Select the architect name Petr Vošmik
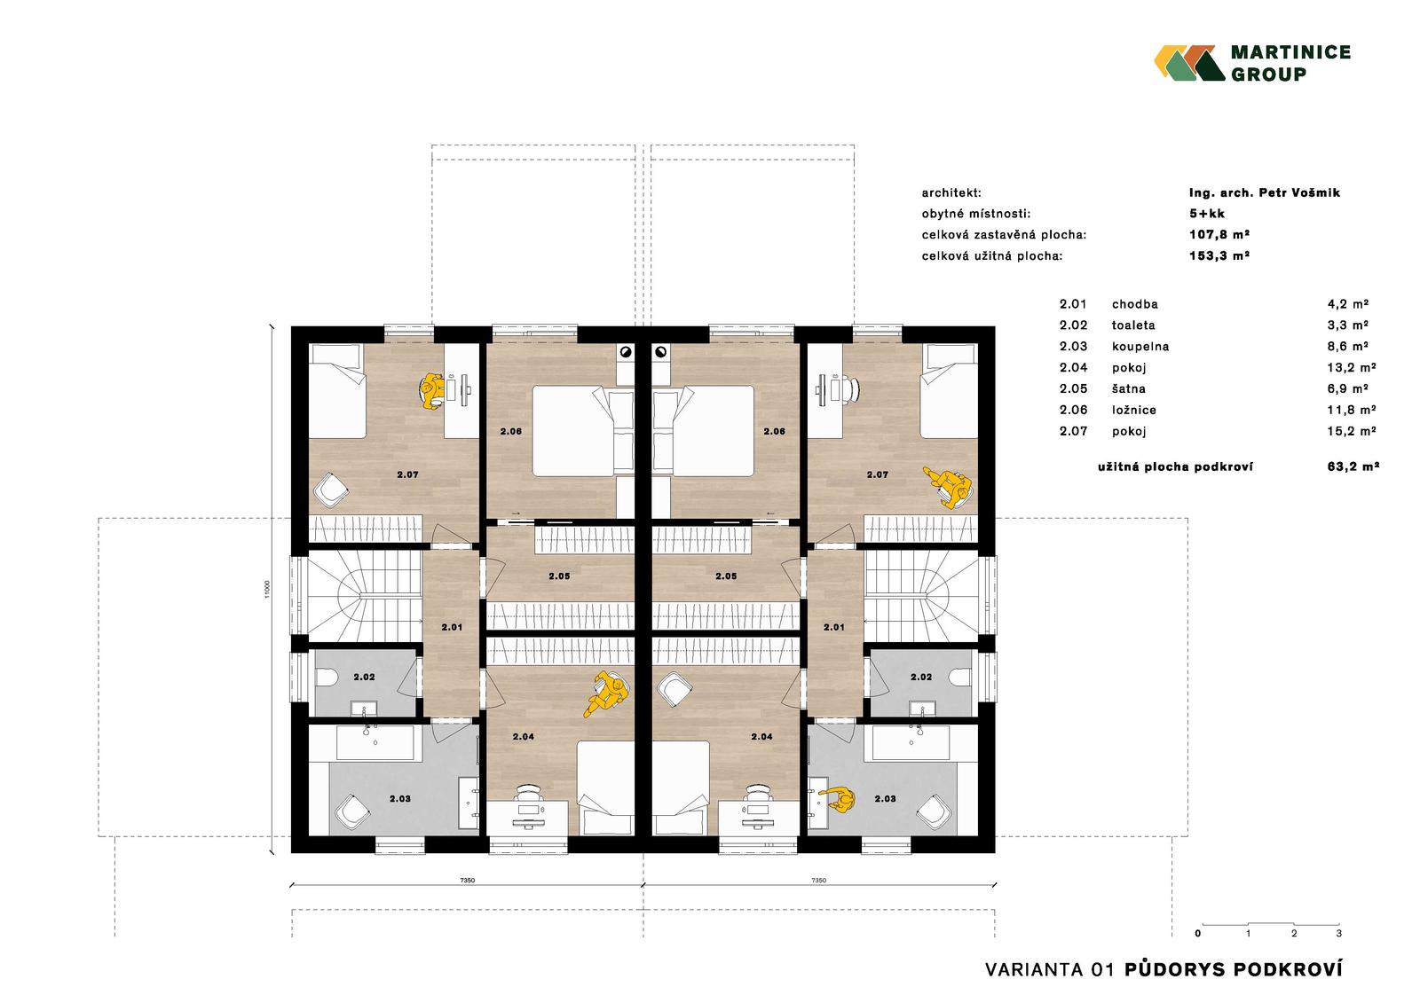click(x=1299, y=192)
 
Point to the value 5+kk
click(x=1207, y=214)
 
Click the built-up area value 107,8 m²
click(x=1219, y=234)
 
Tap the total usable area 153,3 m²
click(x=1219, y=256)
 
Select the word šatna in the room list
click(x=1128, y=388)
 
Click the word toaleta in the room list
click(x=1133, y=325)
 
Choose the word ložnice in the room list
click(x=1134, y=410)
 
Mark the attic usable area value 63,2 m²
click(x=1353, y=467)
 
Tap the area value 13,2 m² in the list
click(x=1352, y=367)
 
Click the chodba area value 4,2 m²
click(x=1348, y=304)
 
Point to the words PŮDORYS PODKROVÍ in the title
click(x=1234, y=969)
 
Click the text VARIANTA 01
click(x=1049, y=969)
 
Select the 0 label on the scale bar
click(x=1197, y=933)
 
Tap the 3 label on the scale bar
click(x=1339, y=933)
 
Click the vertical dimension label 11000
click(x=267, y=589)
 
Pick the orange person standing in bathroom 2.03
click(x=838, y=800)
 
